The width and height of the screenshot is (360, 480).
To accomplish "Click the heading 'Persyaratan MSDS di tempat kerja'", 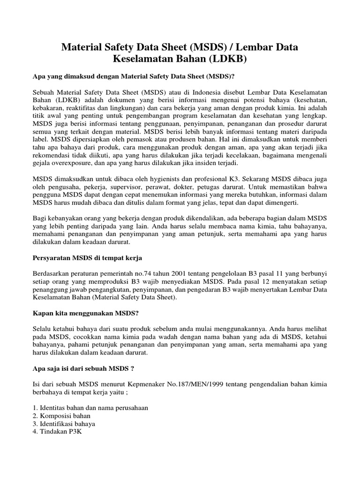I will pos(87,258).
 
